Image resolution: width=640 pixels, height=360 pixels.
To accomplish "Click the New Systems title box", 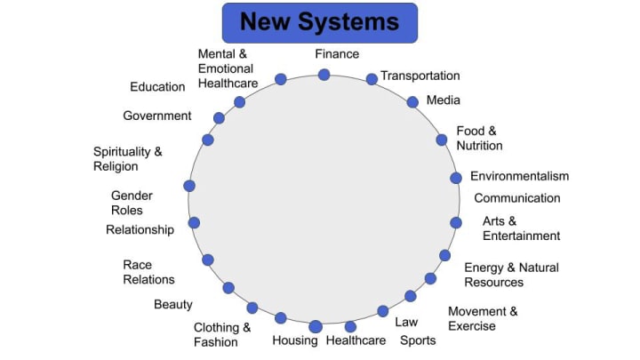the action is pyautogui.click(x=319, y=21).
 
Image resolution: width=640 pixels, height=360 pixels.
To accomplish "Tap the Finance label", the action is pyautogui.click(x=337, y=54).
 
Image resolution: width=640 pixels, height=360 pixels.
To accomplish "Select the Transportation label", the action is pyautogui.click(x=420, y=76).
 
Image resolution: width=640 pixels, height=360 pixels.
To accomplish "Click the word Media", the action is pyautogui.click(x=443, y=100).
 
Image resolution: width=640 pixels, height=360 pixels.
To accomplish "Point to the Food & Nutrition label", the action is pyautogui.click(x=479, y=138).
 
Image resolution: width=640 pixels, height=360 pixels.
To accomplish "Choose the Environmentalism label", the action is pyautogui.click(x=519, y=176).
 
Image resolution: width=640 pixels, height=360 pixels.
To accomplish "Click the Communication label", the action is pyautogui.click(x=516, y=198).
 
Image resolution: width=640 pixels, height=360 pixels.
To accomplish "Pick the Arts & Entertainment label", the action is pyautogui.click(x=521, y=228).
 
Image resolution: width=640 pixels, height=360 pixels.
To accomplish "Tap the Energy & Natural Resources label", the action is pyautogui.click(x=511, y=275).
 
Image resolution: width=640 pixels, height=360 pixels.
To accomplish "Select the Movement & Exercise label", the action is pyautogui.click(x=483, y=318).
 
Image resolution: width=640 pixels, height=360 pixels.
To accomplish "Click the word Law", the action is pyautogui.click(x=406, y=322).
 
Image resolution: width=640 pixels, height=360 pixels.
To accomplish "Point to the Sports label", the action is pyautogui.click(x=418, y=340).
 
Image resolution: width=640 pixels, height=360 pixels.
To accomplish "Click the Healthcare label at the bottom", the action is pyautogui.click(x=356, y=340).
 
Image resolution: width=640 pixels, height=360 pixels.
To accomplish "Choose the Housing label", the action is pyautogui.click(x=295, y=340).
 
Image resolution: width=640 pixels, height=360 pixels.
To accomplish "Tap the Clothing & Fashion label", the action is pyautogui.click(x=222, y=334).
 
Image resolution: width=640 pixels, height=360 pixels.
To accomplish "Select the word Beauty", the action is pyautogui.click(x=173, y=305).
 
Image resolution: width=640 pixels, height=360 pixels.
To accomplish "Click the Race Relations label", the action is pyautogui.click(x=148, y=272).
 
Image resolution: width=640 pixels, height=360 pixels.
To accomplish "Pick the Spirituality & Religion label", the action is pyautogui.click(x=128, y=159).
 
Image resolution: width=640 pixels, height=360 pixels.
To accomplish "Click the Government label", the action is pyautogui.click(x=157, y=116).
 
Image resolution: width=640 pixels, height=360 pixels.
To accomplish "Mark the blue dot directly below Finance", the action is pyautogui.click(x=324, y=75).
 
